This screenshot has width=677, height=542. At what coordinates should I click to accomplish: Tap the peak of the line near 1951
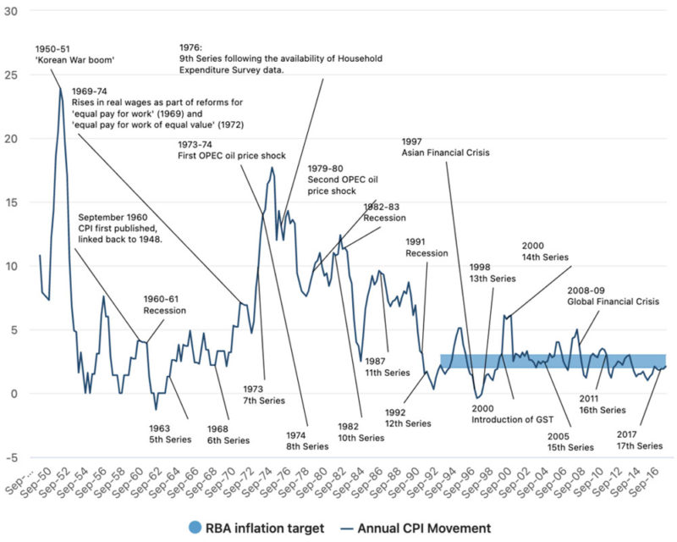[61, 88]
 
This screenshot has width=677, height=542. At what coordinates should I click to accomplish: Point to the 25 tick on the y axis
[11, 75]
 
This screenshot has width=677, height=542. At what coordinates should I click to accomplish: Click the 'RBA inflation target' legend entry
[256, 528]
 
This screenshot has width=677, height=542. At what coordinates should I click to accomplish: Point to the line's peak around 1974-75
[272, 168]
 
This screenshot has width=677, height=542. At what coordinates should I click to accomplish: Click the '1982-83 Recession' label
[385, 212]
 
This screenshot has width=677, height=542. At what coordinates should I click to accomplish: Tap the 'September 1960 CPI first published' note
[121, 228]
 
